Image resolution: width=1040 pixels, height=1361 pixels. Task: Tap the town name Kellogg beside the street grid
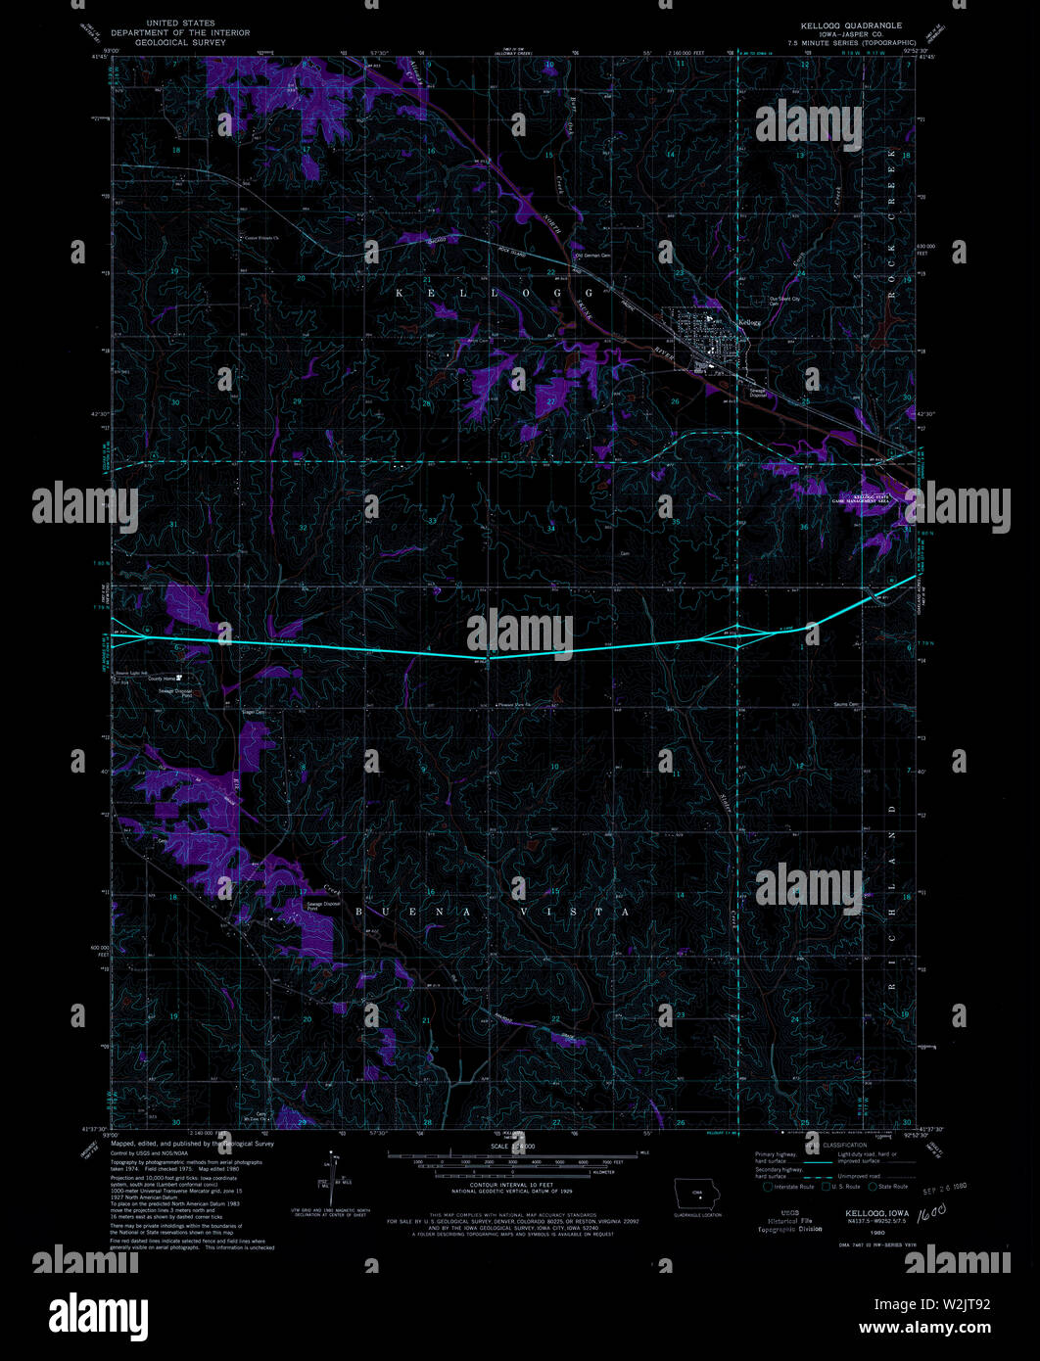point(750,321)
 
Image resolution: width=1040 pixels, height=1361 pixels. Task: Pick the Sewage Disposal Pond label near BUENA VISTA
point(316,907)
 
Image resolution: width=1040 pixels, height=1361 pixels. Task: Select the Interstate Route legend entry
point(790,1187)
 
